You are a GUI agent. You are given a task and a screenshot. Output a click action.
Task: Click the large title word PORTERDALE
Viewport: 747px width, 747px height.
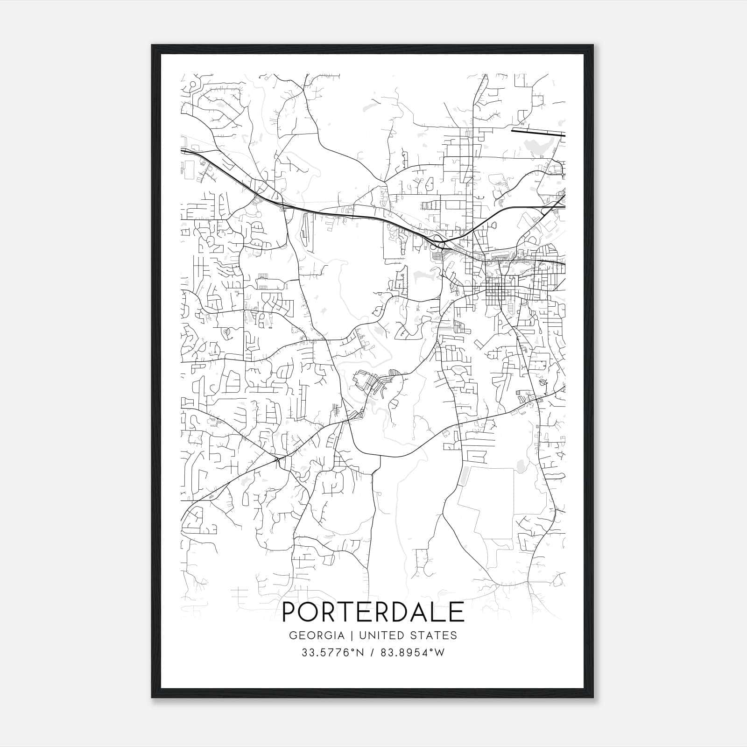[373, 612]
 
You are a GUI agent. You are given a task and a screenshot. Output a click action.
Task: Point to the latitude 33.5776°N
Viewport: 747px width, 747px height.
[332, 653]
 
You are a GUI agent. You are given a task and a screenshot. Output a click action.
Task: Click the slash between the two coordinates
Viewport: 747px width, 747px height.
[373, 653]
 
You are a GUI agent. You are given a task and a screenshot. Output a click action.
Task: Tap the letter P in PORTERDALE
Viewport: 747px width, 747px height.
[291, 612]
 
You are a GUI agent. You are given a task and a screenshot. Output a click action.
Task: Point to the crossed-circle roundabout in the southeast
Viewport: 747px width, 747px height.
[542, 383]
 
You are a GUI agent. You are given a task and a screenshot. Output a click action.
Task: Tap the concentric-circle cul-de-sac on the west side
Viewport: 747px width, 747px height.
[226, 331]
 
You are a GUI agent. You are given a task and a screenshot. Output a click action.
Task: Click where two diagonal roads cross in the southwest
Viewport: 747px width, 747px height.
[277, 460]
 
